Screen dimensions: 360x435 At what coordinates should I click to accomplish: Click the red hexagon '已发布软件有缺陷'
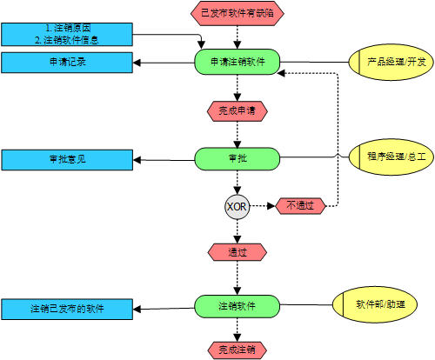point(237,12)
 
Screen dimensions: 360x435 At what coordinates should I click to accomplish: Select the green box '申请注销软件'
point(237,63)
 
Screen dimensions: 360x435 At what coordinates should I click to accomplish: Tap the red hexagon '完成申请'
point(237,110)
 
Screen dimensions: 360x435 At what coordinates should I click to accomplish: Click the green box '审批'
point(237,158)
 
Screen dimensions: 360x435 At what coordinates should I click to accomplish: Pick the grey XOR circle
point(237,206)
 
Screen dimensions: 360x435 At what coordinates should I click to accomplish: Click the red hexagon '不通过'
point(300,206)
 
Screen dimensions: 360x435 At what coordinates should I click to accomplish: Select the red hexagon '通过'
point(237,252)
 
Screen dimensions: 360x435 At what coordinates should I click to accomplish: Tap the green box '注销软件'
point(237,306)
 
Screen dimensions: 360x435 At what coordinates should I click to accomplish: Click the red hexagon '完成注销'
point(237,350)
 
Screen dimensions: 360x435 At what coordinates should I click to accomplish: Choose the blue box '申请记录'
point(66,63)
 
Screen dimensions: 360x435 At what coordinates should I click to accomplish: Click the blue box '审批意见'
point(66,159)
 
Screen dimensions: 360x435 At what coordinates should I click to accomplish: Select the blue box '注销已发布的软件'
point(66,308)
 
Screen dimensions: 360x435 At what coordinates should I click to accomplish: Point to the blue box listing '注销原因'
point(66,34)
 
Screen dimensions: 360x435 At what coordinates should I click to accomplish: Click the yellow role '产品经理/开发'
point(391,63)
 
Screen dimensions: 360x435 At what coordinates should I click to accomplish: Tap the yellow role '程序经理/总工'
point(391,157)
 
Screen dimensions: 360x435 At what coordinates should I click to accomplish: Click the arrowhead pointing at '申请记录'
point(137,63)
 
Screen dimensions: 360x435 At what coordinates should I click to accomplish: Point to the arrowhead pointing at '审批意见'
point(137,159)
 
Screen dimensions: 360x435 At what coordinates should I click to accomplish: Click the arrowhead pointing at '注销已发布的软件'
point(137,308)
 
